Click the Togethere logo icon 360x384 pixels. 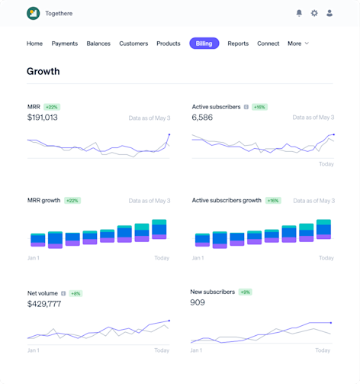(33, 13)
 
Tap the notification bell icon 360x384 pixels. (299, 13)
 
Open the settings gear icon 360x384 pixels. (314, 13)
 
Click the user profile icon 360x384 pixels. (329, 13)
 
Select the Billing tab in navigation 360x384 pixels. (204, 44)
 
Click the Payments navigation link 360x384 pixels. (65, 44)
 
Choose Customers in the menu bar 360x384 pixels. (133, 44)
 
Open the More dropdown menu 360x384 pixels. (297, 44)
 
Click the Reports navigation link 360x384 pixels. (238, 44)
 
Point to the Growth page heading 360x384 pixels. (43, 72)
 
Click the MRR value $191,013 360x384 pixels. (42, 118)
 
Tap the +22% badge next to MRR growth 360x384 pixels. (72, 201)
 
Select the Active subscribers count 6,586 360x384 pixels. (202, 118)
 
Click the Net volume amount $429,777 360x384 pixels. (43, 304)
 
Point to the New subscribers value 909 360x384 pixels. (198, 302)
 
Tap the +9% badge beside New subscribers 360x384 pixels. (245, 292)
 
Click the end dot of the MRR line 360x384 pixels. (169, 135)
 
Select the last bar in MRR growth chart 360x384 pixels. (159, 230)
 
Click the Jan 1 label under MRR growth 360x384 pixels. (33, 258)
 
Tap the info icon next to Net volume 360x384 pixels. (63, 293)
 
